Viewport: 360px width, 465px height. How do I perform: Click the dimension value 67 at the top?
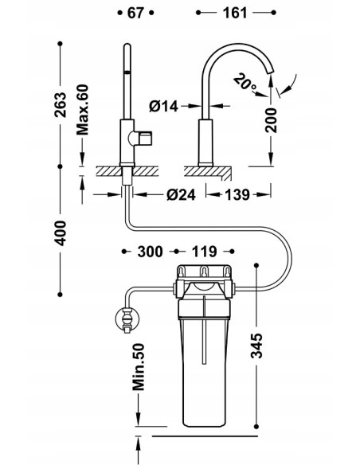click(135, 13)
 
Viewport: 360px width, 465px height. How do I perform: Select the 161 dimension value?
click(235, 13)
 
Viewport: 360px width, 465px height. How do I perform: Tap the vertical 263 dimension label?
click(61, 104)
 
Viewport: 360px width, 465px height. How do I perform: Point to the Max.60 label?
click(83, 110)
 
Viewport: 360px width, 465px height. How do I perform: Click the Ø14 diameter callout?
click(163, 106)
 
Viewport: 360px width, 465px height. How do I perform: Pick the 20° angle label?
click(245, 83)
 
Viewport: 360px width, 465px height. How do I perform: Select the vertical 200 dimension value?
click(271, 120)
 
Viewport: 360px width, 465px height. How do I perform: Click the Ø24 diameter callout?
click(181, 195)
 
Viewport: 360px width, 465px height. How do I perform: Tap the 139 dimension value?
click(237, 195)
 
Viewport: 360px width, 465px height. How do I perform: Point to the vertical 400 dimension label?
click(61, 233)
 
